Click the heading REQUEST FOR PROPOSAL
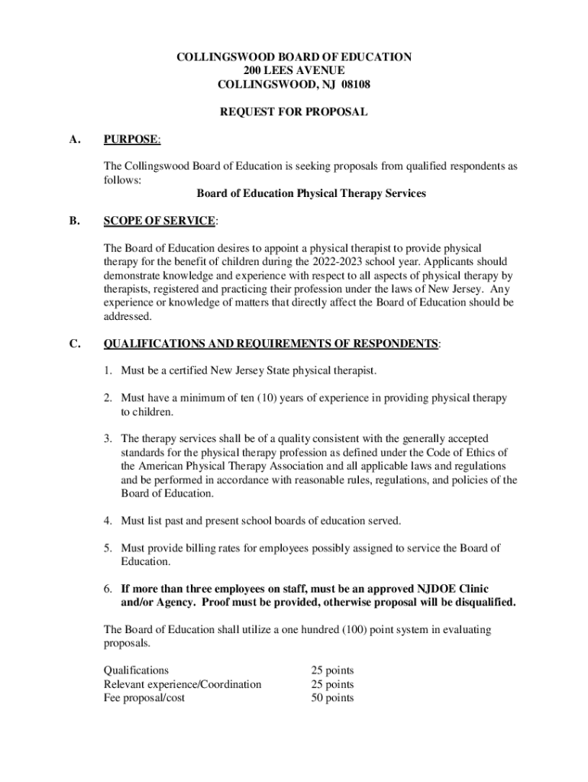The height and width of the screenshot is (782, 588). (x=294, y=112)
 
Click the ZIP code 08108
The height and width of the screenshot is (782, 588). (x=354, y=84)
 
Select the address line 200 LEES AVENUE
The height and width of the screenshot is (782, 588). (x=294, y=70)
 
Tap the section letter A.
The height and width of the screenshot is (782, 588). (x=74, y=139)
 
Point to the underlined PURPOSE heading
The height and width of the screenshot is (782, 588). (x=131, y=139)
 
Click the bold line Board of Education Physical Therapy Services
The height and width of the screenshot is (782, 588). (x=311, y=193)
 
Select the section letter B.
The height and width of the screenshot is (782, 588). (x=74, y=221)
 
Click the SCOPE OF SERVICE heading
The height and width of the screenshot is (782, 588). (x=160, y=221)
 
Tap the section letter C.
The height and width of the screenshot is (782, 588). (x=74, y=344)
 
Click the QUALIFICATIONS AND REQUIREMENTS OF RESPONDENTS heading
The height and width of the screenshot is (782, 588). (x=271, y=344)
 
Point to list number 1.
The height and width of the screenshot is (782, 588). (x=109, y=370)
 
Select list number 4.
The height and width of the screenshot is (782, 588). (x=109, y=521)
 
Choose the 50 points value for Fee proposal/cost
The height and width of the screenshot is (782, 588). (x=332, y=698)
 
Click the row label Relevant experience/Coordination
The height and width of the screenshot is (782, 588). (x=183, y=684)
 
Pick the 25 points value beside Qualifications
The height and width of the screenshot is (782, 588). (x=332, y=671)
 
